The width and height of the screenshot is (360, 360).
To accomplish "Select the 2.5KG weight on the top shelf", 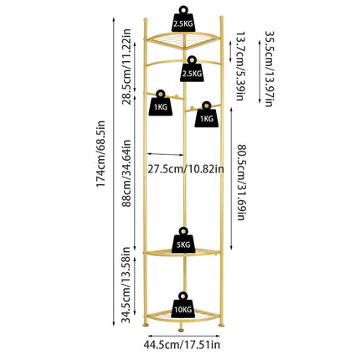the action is [183, 19].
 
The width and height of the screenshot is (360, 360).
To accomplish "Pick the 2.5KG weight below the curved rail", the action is [192, 69].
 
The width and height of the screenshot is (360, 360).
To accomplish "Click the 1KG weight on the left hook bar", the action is [160, 103].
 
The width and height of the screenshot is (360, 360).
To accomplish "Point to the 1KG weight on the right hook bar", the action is [207, 115].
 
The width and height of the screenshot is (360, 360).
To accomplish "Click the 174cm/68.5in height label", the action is [100, 154].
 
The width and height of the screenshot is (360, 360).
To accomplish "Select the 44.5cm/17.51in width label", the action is [182, 345].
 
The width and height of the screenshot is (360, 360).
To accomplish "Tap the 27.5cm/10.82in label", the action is [186, 169].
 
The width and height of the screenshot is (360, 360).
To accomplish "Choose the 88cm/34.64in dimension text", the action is [126, 173].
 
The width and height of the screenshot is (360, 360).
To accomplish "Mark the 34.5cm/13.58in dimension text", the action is [126, 285].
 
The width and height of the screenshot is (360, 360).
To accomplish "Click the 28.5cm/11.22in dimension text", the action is [126, 66].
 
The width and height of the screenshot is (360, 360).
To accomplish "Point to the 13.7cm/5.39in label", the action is [240, 66].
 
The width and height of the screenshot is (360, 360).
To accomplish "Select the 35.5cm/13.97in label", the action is [269, 69].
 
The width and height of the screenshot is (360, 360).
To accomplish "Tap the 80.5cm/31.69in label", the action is [241, 183].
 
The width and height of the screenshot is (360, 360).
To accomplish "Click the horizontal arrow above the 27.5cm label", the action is [166, 154].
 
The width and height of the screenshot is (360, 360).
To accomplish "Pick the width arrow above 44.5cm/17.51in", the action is [184, 336].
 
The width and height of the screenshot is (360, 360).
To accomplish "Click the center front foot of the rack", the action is [182, 330].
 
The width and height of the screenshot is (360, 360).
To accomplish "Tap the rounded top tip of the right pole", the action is [221, 18].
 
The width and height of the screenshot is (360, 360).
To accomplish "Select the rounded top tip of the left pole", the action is [145, 20].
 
